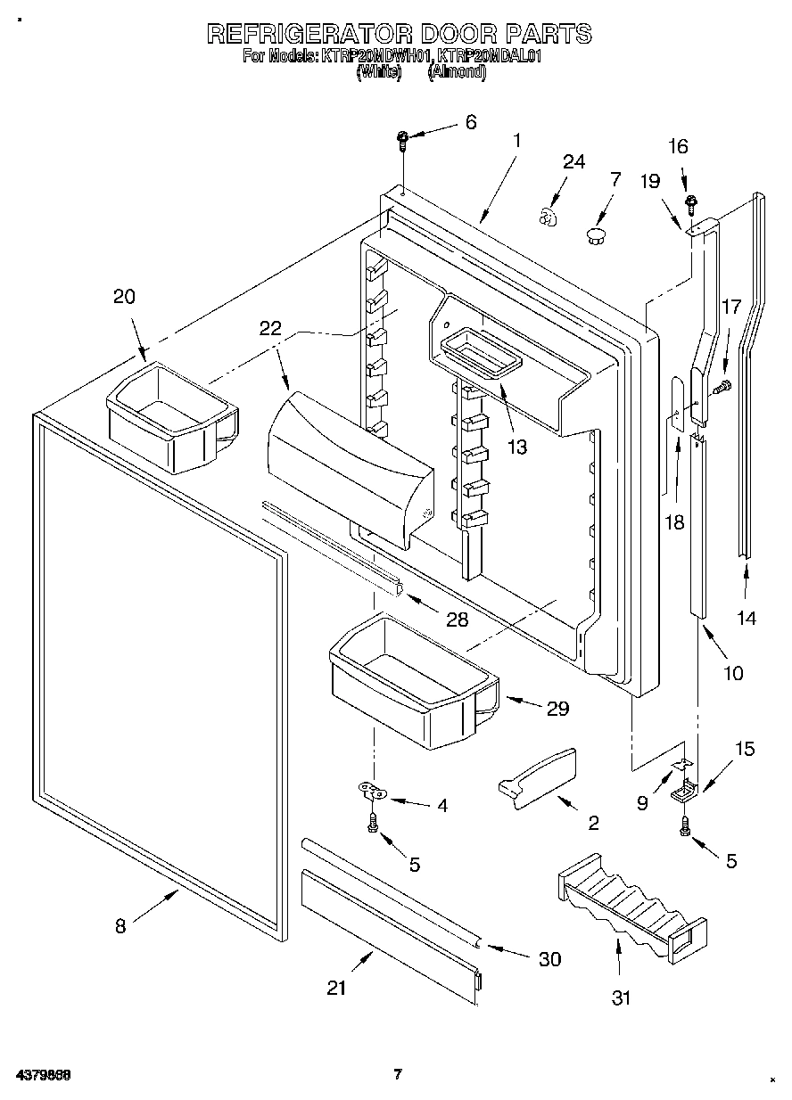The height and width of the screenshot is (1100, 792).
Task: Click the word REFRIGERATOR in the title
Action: [x=310, y=34]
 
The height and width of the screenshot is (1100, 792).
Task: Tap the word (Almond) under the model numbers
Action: [x=457, y=74]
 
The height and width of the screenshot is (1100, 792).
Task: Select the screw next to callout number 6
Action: [x=403, y=138]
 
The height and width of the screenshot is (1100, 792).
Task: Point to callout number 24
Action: [x=573, y=161]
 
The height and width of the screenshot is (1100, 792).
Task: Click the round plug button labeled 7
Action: [x=595, y=234]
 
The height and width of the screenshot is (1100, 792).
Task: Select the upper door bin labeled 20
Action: [x=171, y=414]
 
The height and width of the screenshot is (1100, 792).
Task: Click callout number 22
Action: [x=270, y=328]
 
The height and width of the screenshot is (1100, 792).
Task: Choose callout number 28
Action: [x=457, y=620]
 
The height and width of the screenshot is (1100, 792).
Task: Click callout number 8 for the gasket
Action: [x=120, y=925]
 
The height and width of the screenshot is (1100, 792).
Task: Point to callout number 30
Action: [x=549, y=958]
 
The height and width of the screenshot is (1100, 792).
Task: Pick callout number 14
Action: [x=746, y=617]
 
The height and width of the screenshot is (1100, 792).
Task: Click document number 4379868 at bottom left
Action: [x=43, y=1074]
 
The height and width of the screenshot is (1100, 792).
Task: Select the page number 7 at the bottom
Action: [x=398, y=1073]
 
